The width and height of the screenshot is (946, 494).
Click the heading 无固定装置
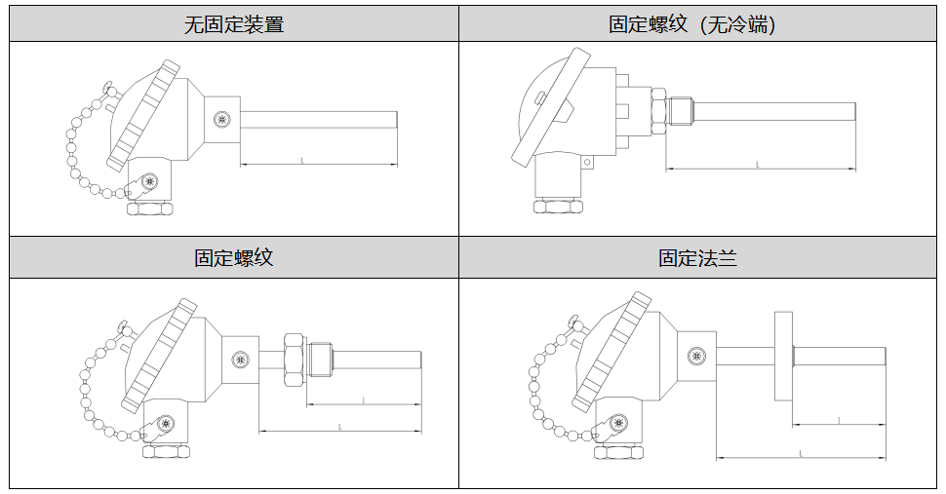click(234, 24)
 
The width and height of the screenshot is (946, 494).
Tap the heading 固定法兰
click(696, 258)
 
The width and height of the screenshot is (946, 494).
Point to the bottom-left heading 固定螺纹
click(233, 258)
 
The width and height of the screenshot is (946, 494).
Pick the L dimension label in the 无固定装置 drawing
click(302, 159)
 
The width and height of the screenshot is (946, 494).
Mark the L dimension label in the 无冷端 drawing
click(758, 165)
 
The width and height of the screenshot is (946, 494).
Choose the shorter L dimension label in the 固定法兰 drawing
click(840, 420)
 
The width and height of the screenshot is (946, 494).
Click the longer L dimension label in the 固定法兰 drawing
click(801, 453)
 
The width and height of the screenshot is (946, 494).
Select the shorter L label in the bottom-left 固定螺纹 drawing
click(363, 399)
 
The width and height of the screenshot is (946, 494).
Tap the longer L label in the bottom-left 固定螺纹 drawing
click(339, 427)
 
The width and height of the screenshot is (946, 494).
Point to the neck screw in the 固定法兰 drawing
click(696, 357)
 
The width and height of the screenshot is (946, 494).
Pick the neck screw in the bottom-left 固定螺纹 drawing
click(240, 361)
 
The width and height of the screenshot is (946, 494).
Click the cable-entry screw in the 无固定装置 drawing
click(149, 181)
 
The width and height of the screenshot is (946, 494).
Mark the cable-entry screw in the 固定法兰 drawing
click(618, 424)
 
